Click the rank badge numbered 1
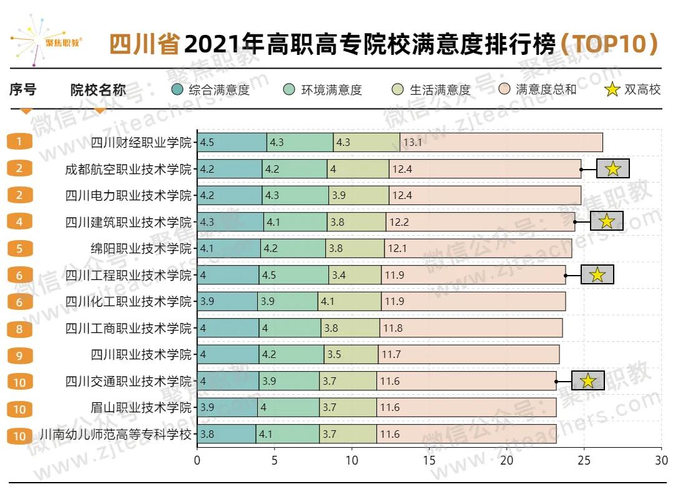(19, 142)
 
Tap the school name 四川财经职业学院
(141, 143)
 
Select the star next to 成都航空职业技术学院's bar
(612, 168)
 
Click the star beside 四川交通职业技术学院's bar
(587, 381)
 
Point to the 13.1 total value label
(413, 143)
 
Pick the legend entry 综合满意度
(210, 90)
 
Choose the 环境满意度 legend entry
(323, 90)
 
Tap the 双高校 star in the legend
(612, 90)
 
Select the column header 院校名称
(98, 90)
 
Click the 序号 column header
(23, 90)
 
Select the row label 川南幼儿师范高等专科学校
(115, 434)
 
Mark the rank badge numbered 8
(19, 329)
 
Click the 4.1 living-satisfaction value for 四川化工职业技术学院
(327, 302)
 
